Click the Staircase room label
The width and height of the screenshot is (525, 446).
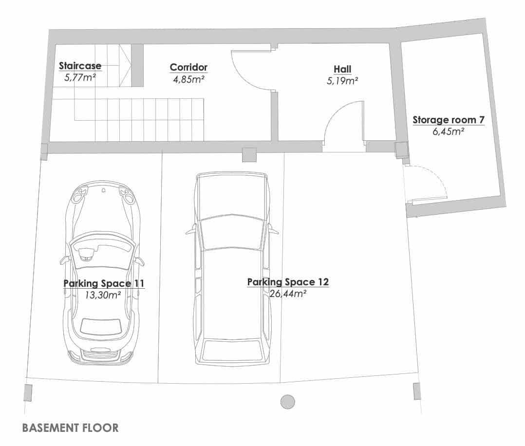[80, 65]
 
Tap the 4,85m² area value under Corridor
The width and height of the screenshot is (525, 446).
[188, 79]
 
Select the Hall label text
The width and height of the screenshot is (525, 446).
[342, 69]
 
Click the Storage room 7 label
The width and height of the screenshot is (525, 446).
[448, 119]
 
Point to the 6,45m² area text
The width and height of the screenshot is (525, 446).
[448, 131]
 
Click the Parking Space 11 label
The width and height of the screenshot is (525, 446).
[104, 283]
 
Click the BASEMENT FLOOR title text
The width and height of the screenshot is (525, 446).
[70, 428]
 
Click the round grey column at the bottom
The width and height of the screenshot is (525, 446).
[288, 402]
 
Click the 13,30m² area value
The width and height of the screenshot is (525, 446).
[103, 294]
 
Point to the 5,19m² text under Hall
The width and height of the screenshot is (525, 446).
[342, 81]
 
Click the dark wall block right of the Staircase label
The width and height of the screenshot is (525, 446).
[137, 65]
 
